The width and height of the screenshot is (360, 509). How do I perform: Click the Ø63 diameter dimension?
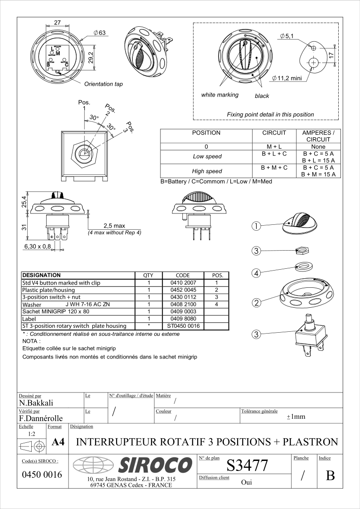tap(99, 33)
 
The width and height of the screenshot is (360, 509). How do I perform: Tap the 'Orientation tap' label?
tap(103, 84)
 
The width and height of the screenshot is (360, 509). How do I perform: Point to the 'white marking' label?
tap(219, 95)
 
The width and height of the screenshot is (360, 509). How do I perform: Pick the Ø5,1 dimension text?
tap(287, 36)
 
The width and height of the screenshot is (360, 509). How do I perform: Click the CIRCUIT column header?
tap(274, 133)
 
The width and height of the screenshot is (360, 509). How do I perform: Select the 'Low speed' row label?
tap(207, 156)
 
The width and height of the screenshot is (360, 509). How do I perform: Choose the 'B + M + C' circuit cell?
tap(274, 168)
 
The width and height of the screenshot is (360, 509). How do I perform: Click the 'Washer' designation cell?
tap(32, 305)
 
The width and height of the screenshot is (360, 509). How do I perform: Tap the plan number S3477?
tap(247, 465)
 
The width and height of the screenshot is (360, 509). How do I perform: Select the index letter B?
tap(330, 476)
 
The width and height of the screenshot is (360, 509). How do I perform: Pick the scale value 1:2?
tap(32, 434)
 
